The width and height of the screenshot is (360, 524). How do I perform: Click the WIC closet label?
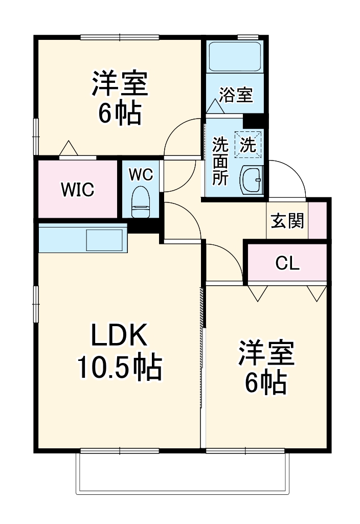pyautogui.click(x=78, y=189)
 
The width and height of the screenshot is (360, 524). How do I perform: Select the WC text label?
pyautogui.click(x=140, y=174)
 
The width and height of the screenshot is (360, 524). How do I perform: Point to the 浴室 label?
pyautogui.click(x=236, y=95)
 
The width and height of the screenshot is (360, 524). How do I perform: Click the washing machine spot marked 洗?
pyautogui.click(x=248, y=145)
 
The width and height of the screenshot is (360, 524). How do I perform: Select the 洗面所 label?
pyautogui.click(x=220, y=161)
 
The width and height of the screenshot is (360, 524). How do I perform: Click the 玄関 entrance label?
pyautogui.click(x=287, y=221)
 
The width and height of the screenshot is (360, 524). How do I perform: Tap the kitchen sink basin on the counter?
pyautogui.click(x=104, y=240)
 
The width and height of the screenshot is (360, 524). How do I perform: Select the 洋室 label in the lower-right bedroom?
pyautogui.click(x=265, y=354)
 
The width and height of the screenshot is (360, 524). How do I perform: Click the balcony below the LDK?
pyautogui.click(x=182, y=473)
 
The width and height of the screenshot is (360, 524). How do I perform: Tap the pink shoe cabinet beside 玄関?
pyautogui.click(x=319, y=220)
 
